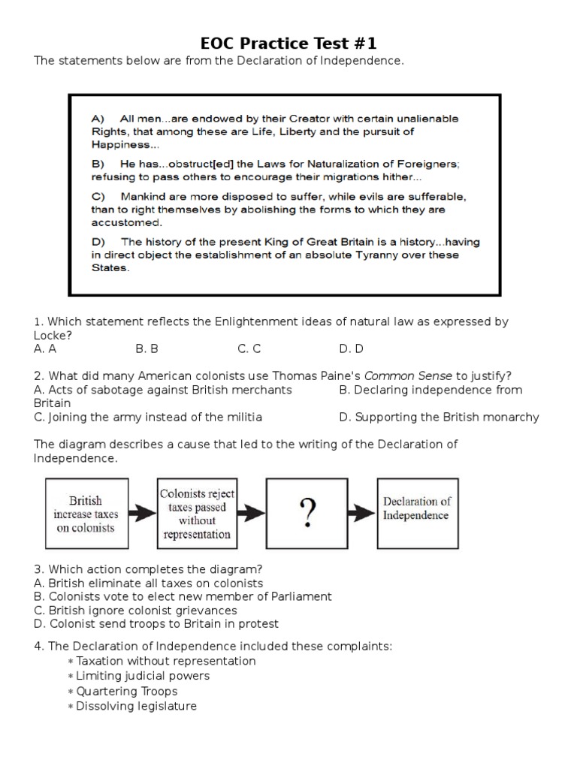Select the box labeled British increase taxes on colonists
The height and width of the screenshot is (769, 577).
pos(86,514)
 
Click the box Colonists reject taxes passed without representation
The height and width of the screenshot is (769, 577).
pos(196,514)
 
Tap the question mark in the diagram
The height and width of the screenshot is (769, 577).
pos(307,514)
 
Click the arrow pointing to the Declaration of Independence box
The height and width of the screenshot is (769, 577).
pos(364,514)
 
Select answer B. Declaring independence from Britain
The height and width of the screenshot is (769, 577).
pos(430,390)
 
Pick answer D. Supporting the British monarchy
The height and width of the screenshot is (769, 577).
pos(439,417)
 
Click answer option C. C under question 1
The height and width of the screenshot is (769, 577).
pos(249,348)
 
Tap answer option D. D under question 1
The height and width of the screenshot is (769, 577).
pos(351,348)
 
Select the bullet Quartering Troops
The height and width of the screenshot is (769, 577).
pos(127,691)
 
